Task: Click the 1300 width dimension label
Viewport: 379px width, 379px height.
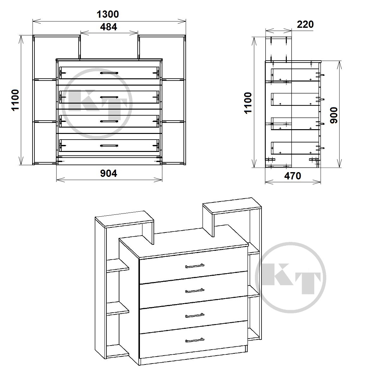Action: tap(108, 14)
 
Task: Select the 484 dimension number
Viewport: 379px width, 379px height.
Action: tap(109, 27)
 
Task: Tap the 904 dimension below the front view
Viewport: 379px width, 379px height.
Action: tap(109, 173)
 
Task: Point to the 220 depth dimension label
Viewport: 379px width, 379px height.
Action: tap(305, 25)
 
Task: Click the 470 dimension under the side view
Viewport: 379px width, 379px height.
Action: tap(293, 176)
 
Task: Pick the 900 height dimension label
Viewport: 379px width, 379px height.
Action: tap(334, 115)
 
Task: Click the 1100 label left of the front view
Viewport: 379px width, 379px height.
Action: tap(15, 100)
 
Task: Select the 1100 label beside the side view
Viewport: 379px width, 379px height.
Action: tap(248, 103)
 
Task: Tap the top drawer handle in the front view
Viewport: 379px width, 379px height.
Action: tap(109, 73)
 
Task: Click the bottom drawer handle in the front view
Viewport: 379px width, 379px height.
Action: tap(109, 146)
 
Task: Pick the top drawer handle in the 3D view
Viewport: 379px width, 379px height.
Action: tap(195, 266)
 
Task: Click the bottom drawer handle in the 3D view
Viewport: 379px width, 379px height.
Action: tap(195, 340)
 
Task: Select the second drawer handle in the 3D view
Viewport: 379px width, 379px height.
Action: tap(195, 291)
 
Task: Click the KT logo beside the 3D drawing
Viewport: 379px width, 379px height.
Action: tap(291, 278)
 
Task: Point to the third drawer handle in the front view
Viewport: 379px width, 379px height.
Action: tap(109, 122)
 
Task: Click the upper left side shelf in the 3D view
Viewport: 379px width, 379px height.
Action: tap(117, 265)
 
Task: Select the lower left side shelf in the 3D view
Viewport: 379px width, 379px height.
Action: tap(117, 309)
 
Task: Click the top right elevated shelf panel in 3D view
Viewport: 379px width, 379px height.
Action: tap(232, 206)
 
